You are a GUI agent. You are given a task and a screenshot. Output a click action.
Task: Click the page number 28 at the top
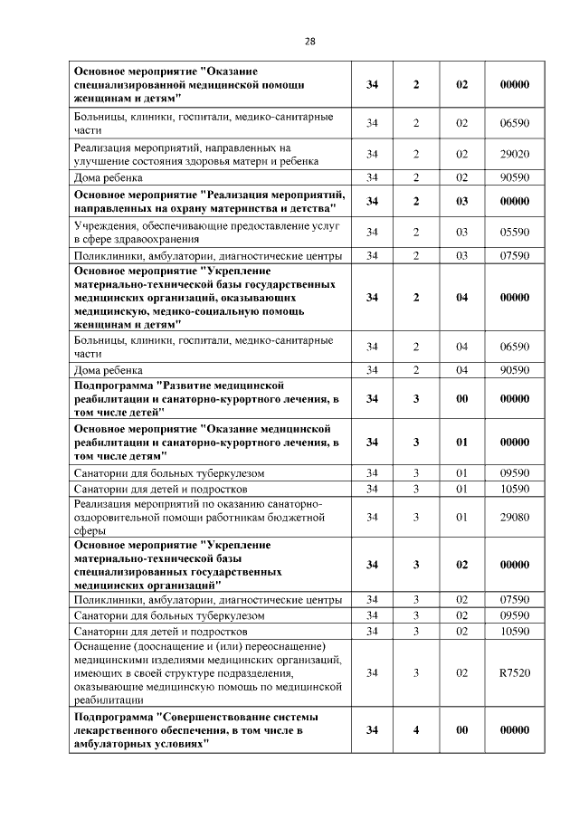coord(309,42)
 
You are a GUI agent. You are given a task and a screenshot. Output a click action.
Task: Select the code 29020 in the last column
coord(514,154)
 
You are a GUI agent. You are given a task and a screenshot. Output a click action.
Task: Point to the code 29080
coord(514,517)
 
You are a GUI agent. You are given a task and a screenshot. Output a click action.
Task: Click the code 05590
coord(514,233)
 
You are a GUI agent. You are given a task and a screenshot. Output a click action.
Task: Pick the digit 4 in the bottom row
coord(416,729)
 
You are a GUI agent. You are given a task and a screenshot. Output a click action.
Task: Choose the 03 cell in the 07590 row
coord(461,256)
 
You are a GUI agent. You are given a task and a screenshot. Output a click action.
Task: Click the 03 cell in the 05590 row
coord(461,233)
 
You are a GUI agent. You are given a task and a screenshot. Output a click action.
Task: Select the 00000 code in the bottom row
coord(514,729)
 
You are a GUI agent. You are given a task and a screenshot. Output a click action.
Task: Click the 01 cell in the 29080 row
coord(461,517)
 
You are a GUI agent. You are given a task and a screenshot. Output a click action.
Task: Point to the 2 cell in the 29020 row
coord(416,154)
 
